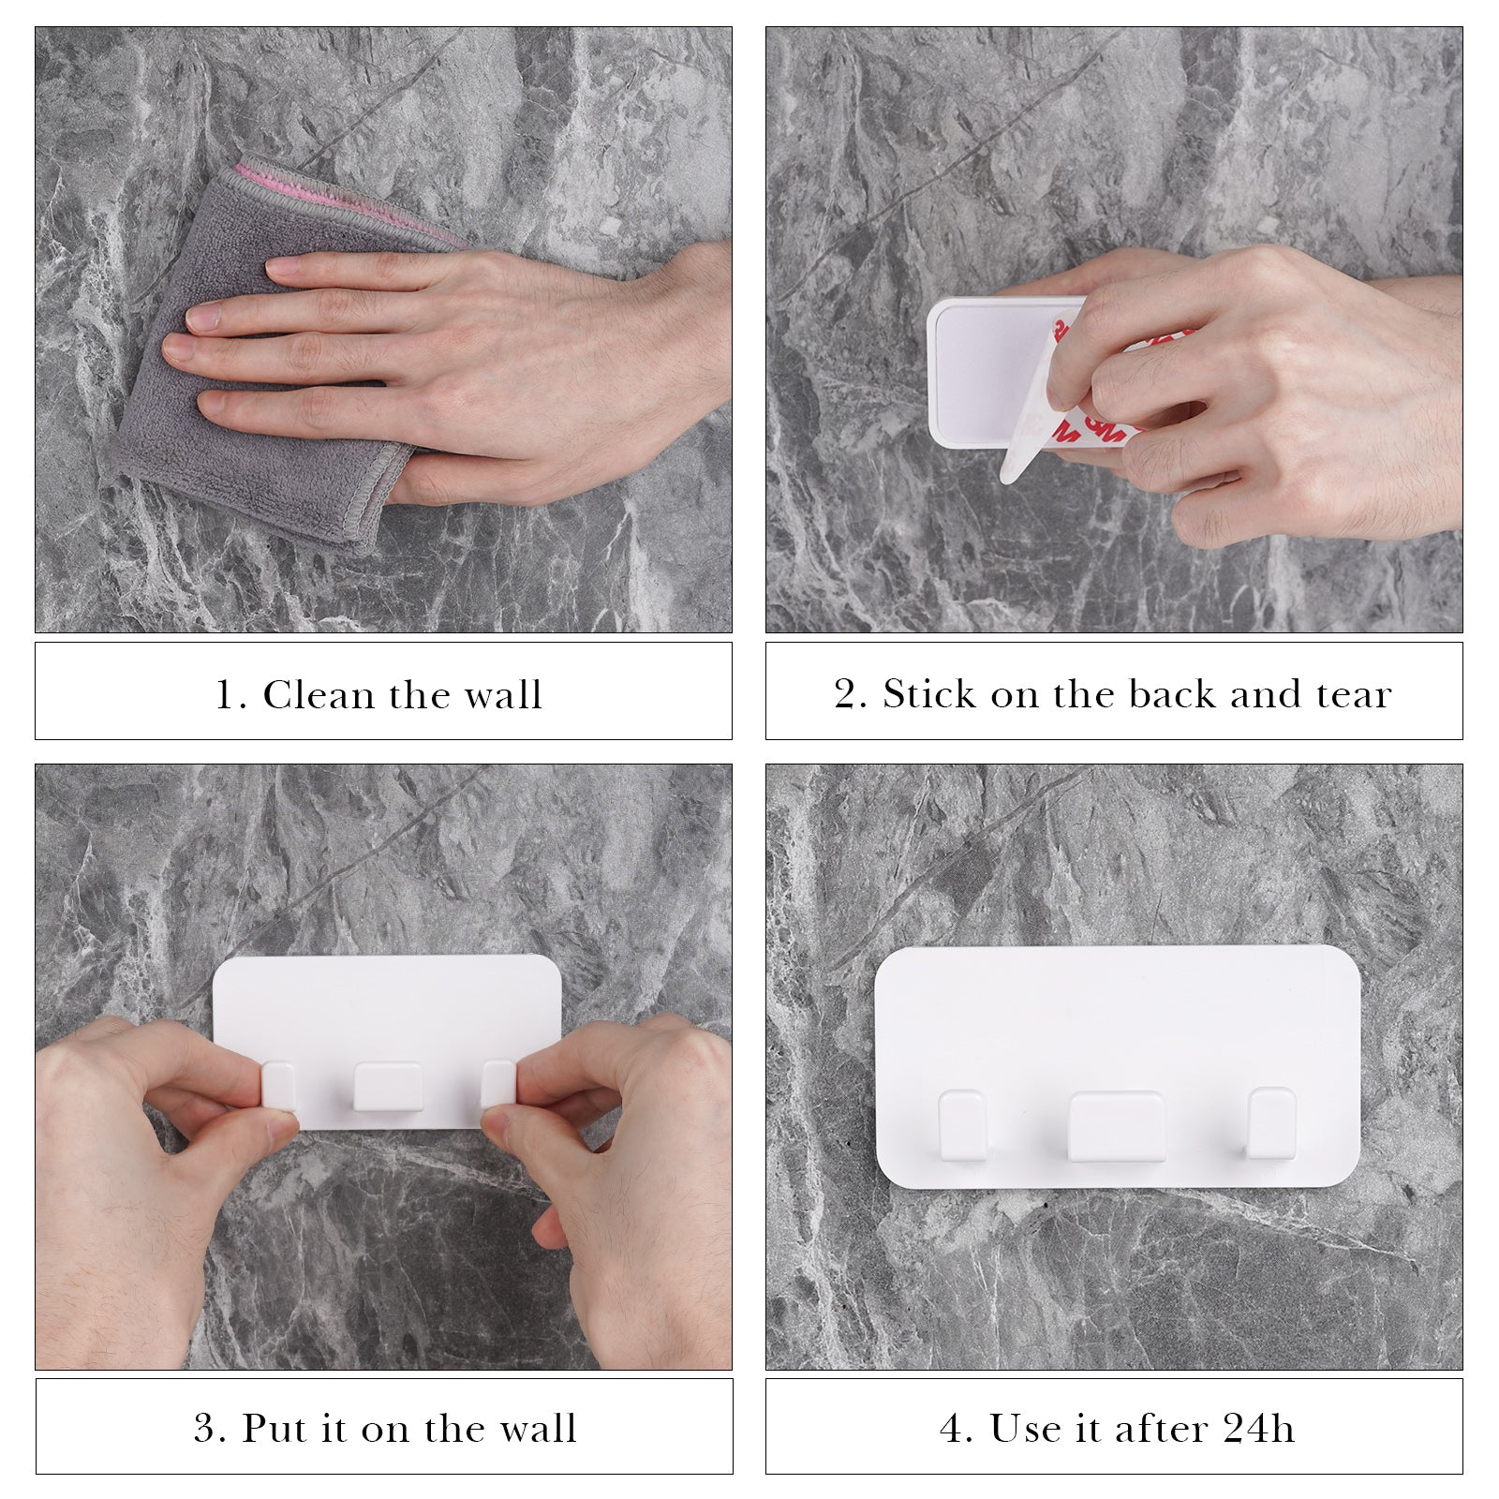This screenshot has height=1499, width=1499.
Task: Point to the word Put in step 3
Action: click(x=276, y=1429)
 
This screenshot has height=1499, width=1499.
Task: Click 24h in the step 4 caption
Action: click(x=1258, y=1429)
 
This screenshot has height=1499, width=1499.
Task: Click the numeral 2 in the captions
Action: click(x=846, y=694)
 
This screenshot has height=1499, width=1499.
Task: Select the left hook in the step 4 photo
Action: click(x=963, y=1125)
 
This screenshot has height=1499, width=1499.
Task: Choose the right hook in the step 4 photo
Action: click(x=1272, y=1123)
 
